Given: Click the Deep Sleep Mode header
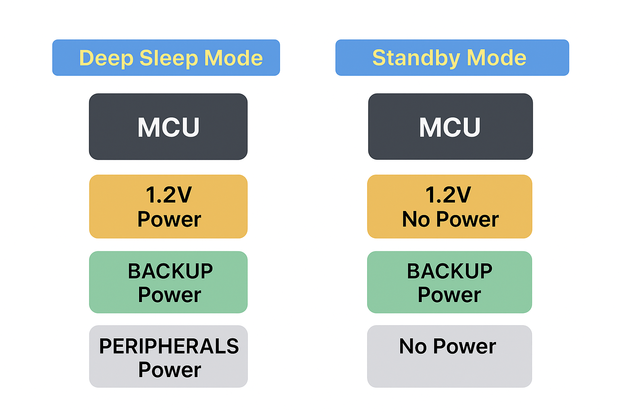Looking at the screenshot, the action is coord(166,58).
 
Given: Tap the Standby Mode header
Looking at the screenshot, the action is coord(452,58).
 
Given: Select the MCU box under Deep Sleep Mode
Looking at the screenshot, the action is coord(168,127).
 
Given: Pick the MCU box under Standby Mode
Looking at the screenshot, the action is coord(450,127).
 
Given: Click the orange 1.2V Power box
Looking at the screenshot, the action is coord(168,206).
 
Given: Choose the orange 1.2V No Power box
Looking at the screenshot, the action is coord(450,206).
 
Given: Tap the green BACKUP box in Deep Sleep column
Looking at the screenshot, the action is coord(168,282).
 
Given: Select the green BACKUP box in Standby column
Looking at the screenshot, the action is coord(450,282).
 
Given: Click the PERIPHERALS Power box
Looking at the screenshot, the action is coord(168,357).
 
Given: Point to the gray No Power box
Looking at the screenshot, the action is coord(450,357).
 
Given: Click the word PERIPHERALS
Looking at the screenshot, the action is coord(169,346).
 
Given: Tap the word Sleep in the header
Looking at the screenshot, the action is coord(169,58).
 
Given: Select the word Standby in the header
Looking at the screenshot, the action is coord(416,58).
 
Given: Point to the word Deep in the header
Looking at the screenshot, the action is coord(106,58).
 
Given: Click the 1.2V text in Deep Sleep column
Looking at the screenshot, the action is coord(169,195).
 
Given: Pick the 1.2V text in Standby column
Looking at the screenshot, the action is coord(448,195).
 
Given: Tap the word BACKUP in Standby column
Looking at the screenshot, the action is coord(450,271).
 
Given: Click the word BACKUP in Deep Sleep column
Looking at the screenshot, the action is coord(170,271).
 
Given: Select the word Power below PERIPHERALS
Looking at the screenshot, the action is coord(170,369).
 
